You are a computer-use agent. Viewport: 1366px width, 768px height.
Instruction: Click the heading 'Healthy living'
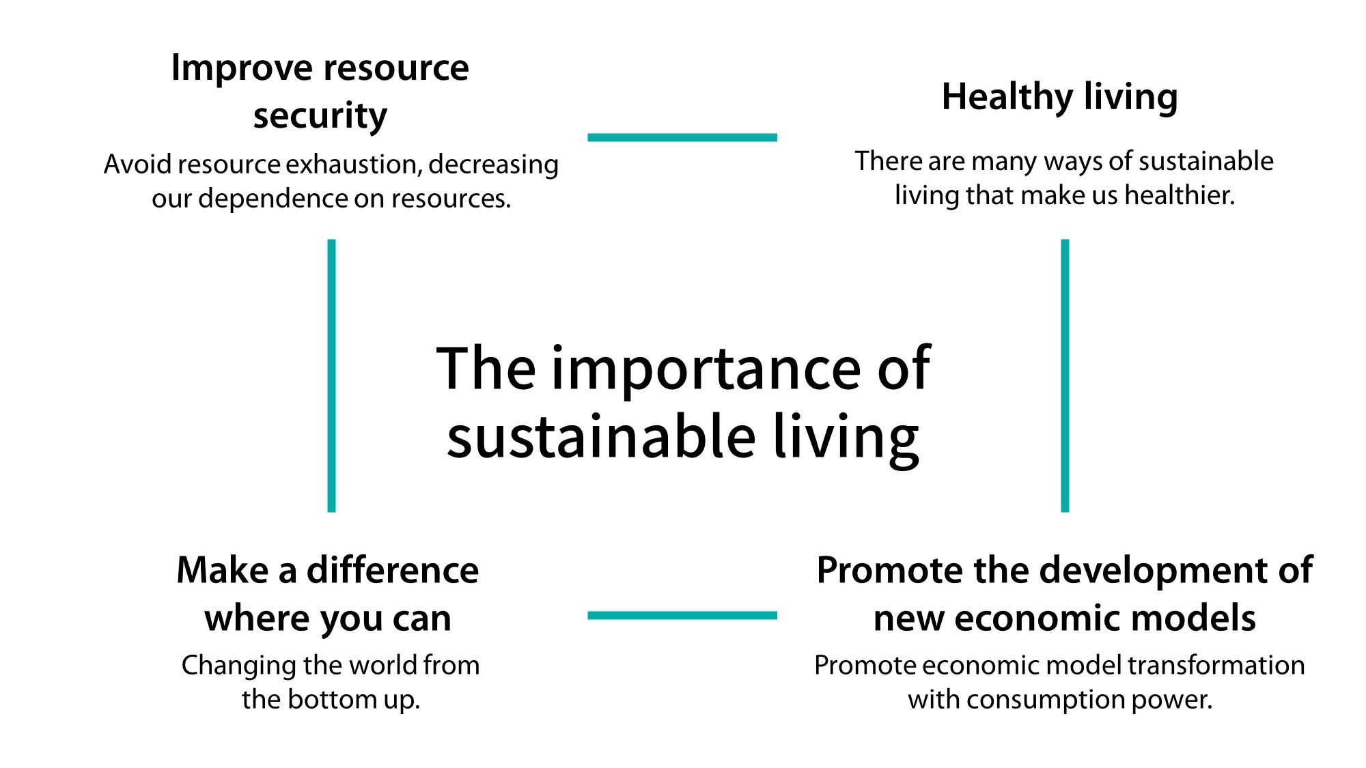pos(1059,97)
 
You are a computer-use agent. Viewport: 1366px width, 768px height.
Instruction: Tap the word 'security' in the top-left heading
pos(320,116)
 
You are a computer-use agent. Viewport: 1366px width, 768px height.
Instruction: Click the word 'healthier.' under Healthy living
pos(1180,196)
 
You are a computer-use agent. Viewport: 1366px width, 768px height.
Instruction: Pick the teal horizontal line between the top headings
pos(682,137)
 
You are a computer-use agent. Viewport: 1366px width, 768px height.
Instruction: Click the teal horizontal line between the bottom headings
pos(682,615)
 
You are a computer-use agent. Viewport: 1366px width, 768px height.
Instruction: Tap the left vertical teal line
pos(332,375)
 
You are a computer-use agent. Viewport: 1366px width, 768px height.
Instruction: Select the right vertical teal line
pos(1065,375)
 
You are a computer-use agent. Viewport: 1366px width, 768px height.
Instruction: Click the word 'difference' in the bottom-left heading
pos(393,570)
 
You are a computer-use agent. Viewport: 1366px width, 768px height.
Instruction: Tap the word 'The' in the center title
pos(486,369)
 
